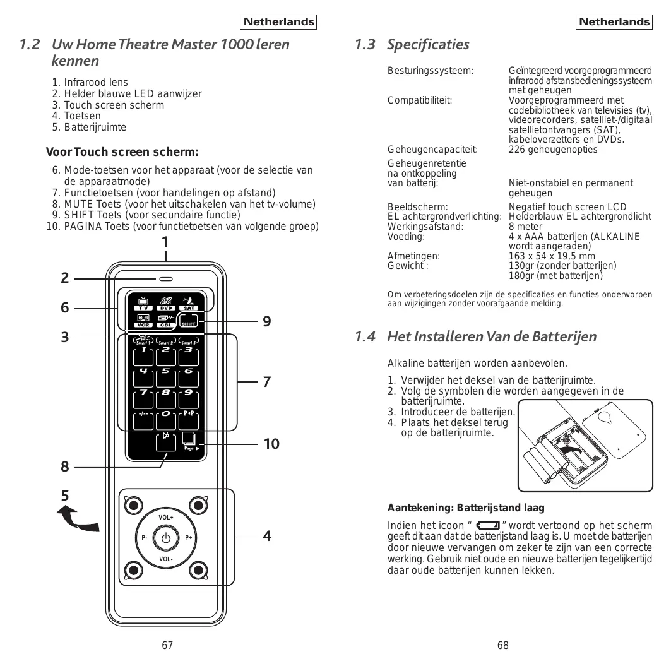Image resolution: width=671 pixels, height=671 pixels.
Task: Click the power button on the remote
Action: pyautogui.click(x=166, y=538)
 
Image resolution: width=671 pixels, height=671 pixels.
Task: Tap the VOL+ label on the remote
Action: pyautogui.click(x=166, y=518)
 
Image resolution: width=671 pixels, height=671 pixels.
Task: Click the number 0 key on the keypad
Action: pyautogui.click(x=166, y=417)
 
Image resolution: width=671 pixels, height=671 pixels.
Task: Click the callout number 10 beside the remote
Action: pyautogui.click(x=271, y=444)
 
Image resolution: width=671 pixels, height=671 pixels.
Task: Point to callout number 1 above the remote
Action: pyautogui.click(x=165, y=242)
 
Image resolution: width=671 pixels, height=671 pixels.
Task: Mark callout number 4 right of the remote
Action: pyautogui.click(x=267, y=536)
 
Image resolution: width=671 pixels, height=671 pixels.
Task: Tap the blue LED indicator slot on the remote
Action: pyautogui.click(x=166, y=278)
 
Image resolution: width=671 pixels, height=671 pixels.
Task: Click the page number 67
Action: pyautogui.click(x=167, y=645)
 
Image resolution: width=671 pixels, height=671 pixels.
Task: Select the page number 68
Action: pyautogui.click(x=502, y=645)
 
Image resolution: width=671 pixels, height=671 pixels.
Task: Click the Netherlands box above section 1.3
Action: pyautogui.click(x=614, y=22)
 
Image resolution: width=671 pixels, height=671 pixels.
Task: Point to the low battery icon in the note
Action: pyautogui.click(x=489, y=525)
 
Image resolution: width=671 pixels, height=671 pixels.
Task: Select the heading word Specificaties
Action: pyautogui.click(x=428, y=44)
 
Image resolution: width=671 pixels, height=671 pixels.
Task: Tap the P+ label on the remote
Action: pyautogui.click(x=189, y=538)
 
